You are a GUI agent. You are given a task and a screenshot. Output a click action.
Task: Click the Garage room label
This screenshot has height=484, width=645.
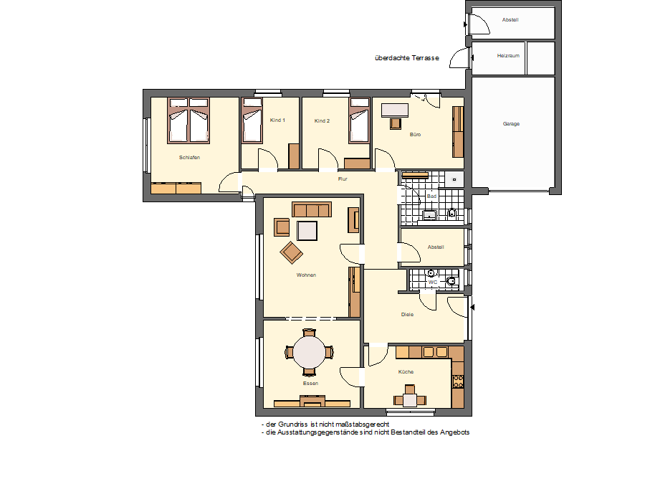coord(511,123)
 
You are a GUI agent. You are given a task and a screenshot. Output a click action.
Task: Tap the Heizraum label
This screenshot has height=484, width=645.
coord(508,55)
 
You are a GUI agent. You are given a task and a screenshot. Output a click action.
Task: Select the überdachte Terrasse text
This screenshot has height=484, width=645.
coord(407,58)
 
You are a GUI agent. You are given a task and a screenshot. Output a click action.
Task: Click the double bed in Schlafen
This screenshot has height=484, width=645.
coord(188,120)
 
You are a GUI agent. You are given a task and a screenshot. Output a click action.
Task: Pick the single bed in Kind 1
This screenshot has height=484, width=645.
coord(252,120)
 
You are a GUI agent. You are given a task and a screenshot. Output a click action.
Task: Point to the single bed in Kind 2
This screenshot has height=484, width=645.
coord(359,120)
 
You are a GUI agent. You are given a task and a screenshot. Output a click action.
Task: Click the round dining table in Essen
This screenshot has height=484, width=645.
coord(309,352)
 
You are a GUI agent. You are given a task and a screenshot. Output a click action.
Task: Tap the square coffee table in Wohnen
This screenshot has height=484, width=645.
coord(307,230)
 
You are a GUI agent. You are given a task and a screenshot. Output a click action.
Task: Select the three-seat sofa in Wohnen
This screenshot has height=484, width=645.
coord(312,209)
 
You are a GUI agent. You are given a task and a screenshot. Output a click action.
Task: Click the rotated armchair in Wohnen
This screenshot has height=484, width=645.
coord(291,252)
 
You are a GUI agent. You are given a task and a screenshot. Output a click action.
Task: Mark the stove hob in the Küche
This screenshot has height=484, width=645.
coord(458,381)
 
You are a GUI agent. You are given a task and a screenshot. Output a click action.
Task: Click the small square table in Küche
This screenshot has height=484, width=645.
coord(410,400)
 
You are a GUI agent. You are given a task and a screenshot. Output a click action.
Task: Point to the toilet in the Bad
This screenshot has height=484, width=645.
coord(452,213)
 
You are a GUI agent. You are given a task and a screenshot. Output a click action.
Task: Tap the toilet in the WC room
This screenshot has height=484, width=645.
coord(451,281)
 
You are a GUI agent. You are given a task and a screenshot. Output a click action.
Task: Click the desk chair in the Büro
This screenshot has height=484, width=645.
coord(396,123)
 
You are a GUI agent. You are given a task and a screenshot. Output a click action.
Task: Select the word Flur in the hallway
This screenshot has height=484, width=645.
coord(343,179)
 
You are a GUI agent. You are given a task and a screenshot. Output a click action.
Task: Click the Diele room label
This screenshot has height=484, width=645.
coord(407,315)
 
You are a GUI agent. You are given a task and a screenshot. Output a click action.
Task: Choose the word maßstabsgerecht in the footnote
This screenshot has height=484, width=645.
coord(362,424)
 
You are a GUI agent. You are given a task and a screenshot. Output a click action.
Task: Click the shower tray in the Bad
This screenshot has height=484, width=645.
coord(454,179)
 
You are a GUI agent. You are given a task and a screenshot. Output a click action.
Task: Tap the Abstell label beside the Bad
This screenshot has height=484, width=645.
coord(436,247)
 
